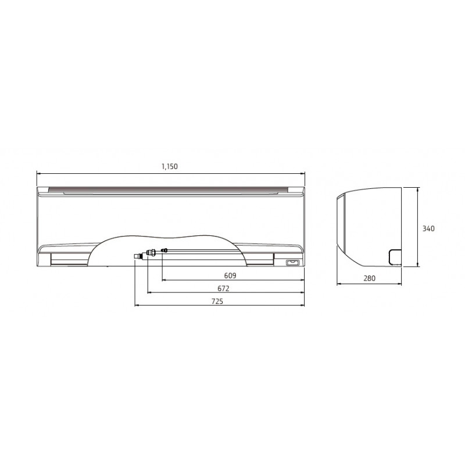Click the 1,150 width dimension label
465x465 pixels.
[x=170, y=166]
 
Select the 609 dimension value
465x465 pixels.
[x=230, y=276]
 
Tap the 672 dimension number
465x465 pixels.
[x=223, y=288]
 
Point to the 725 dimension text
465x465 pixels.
[x=217, y=302]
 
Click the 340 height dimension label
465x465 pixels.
[x=428, y=228]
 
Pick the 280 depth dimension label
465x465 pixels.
[x=369, y=278]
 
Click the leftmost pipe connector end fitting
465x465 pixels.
[x=138, y=256]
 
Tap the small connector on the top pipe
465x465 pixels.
[x=164, y=251]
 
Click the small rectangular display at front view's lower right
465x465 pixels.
[x=292, y=263]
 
